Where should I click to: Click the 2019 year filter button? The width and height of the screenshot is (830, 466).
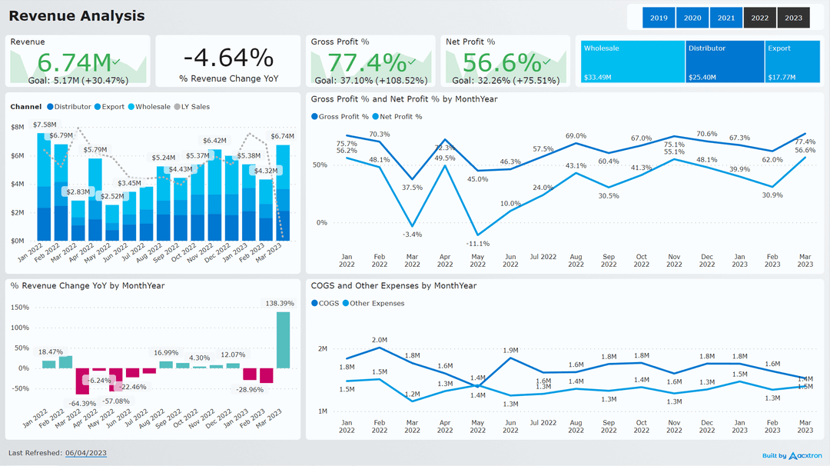[659, 18]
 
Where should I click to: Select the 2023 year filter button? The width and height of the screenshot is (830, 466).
[793, 18]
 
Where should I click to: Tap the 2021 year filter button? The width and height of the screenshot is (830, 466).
[725, 18]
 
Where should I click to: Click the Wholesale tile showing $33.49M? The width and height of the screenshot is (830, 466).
[632, 62]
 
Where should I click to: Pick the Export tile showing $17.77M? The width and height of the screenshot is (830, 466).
[792, 62]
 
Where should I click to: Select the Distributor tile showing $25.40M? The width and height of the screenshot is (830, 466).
[725, 62]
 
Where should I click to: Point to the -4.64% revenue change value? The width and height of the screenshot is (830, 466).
[228, 58]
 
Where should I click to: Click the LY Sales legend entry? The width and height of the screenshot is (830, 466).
[195, 107]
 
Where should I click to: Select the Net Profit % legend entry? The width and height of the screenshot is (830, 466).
[400, 117]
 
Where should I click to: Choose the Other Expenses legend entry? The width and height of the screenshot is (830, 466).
[377, 303]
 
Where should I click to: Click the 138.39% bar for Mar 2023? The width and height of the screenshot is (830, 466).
[283, 339]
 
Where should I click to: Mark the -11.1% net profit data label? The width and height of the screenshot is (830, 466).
[478, 243]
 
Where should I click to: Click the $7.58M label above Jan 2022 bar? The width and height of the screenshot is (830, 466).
[45, 125]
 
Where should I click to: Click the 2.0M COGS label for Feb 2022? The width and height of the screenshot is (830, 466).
[380, 340]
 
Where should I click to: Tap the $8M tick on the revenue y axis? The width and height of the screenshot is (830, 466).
[18, 127]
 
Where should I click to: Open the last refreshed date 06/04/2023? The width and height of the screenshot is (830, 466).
[85, 453]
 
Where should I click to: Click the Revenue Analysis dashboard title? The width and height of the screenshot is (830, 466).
[76, 15]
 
